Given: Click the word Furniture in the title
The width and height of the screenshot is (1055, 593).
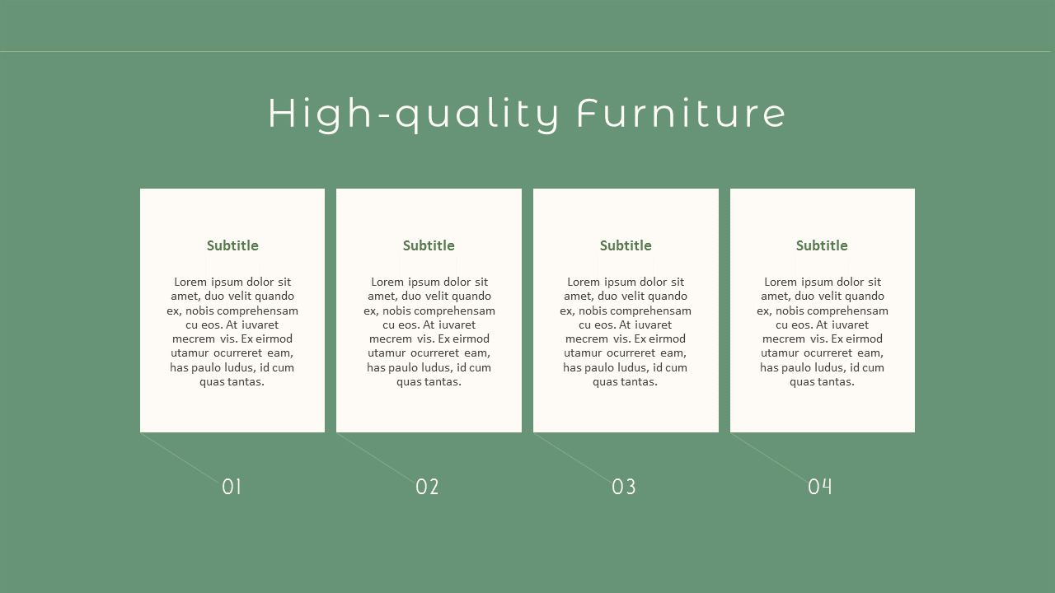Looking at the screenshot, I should (681, 113).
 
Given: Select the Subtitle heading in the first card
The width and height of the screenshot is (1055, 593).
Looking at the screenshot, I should (232, 245).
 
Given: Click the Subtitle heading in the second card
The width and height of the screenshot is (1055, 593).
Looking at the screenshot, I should (429, 245).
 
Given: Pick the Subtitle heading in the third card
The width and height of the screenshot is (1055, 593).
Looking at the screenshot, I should (626, 245).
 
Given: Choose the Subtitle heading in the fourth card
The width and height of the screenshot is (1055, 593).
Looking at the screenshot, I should (822, 245).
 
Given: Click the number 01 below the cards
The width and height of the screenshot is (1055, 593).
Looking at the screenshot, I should (232, 487).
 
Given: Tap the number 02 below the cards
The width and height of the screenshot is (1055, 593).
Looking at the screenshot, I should (427, 487).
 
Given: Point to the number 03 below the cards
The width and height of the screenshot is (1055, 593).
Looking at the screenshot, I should (624, 487).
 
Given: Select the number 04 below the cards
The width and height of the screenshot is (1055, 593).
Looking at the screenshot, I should (820, 487).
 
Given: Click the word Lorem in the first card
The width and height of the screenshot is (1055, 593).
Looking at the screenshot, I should (190, 282).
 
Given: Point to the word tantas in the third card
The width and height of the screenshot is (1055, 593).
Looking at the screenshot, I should (639, 381).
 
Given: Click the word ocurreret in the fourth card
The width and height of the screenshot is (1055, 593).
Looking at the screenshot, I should (839, 353).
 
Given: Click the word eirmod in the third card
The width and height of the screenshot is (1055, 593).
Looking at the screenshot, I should (667, 339).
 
